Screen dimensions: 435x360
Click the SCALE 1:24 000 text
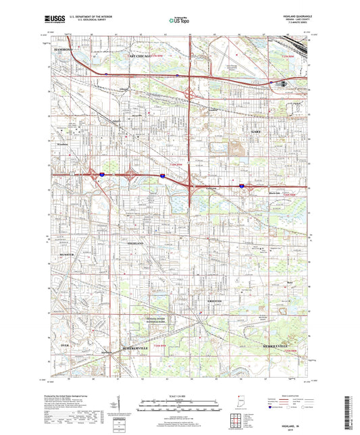pos(180,396)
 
